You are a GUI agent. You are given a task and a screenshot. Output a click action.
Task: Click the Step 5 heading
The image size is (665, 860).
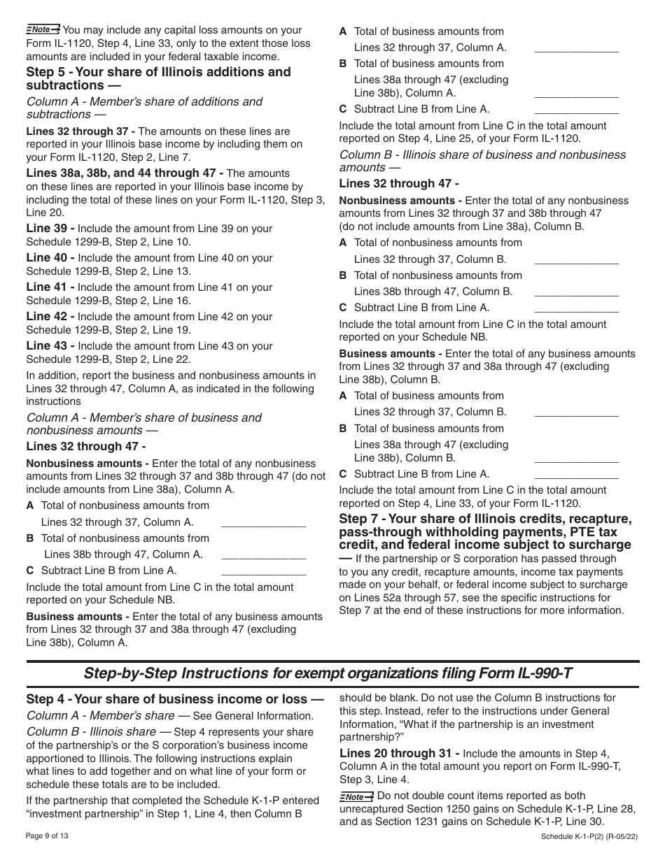pyautogui.click(x=158, y=78)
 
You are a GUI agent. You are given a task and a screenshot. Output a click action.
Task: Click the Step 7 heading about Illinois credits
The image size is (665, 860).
pyautogui.click(x=485, y=531)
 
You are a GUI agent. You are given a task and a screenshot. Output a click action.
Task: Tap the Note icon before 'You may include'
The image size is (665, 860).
pyautogui.click(x=43, y=29)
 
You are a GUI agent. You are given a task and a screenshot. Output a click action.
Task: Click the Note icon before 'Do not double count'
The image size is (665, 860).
pyautogui.click(x=356, y=796)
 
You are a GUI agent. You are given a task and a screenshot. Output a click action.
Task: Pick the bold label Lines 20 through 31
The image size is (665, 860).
pyautogui.click(x=399, y=754)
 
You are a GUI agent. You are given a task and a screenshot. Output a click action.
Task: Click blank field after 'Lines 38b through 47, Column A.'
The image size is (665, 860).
pyautogui.click(x=263, y=554)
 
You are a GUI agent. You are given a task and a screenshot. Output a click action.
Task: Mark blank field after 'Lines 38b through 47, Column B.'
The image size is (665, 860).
pyautogui.click(x=576, y=292)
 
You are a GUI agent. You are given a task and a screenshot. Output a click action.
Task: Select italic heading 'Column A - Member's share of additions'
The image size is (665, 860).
pyautogui.click(x=144, y=108)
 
